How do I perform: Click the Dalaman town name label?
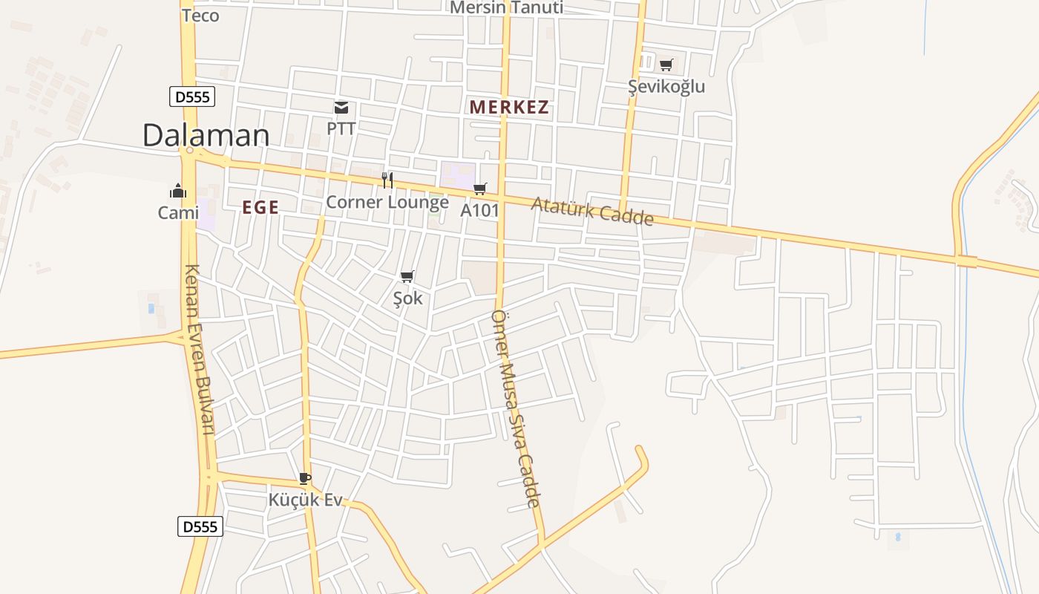click(206, 135)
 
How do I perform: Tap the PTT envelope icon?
click(341, 108)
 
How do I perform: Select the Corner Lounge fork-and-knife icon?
click(387, 180)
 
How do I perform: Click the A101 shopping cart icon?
click(479, 189)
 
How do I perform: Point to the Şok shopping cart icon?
click(407, 277)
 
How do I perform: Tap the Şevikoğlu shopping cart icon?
click(666, 65)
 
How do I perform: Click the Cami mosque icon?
click(178, 192)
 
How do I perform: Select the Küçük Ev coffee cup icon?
click(304, 478)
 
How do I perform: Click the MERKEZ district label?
click(509, 107)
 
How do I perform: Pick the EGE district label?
click(260, 208)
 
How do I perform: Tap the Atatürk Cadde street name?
click(592, 212)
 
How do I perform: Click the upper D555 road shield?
click(191, 96)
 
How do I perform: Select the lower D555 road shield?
click(200, 526)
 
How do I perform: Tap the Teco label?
click(200, 16)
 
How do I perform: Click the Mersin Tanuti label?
click(507, 8)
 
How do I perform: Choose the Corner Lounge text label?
click(387, 202)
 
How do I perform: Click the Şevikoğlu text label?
click(666, 87)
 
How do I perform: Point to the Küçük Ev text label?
click(306, 500)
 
